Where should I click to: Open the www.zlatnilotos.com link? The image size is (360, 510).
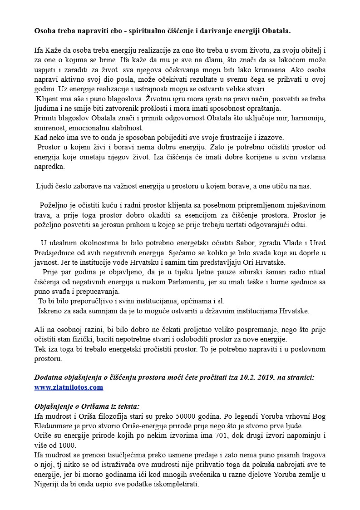click(x=69, y=387)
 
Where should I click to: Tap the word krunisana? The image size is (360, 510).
click(x=277, y=70)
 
